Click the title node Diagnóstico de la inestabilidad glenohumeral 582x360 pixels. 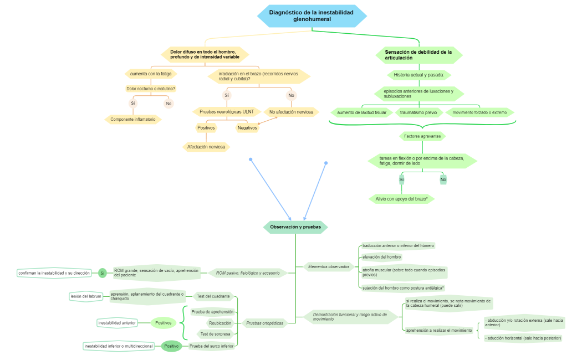pos(312,16)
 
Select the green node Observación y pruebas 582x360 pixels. pos(295,227)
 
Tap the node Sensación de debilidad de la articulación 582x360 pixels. pos(418,55)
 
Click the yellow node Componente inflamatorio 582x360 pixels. pos(133,119)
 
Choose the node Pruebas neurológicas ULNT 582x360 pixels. pos(226,112)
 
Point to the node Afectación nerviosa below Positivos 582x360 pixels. pos(206,147)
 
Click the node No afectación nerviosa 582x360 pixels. pos(291,112)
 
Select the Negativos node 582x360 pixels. pos(247,128)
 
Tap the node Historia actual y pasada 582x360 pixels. pos(418,75)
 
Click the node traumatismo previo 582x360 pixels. pos(418,112)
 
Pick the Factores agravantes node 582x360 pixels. pos(422,136)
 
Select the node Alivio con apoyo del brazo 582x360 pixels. pos(402,199)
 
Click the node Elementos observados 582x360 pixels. pos(329,266)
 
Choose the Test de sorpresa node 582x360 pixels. pos(216,333)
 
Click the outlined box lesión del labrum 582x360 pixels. pos(86,296)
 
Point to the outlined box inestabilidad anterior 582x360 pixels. pos(116,323)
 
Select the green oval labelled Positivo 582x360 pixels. pos(171,346)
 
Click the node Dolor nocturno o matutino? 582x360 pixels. pos(151,89)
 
